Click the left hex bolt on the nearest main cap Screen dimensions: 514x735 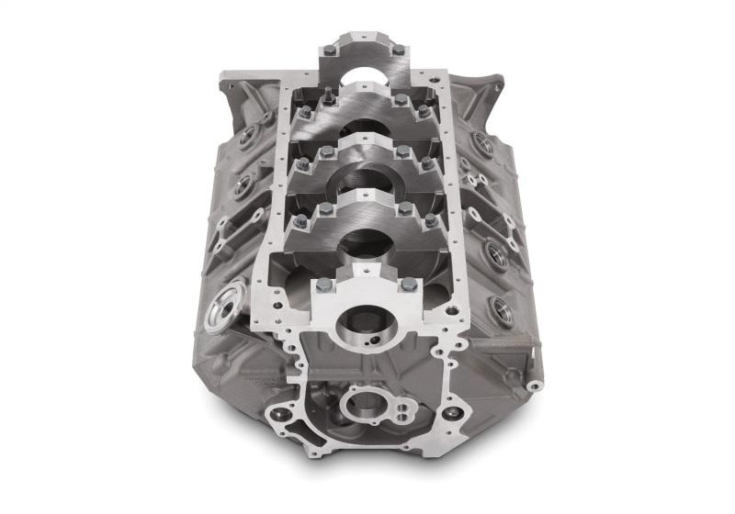324,285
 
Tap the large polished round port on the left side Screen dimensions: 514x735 226,304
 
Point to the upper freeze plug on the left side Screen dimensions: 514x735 247,137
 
